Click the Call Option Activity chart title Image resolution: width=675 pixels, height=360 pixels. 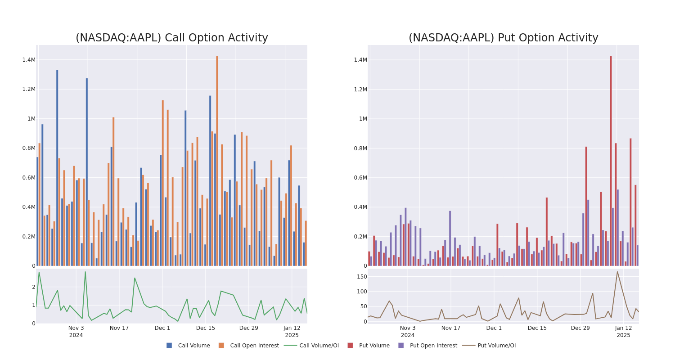click(x=171, y=38)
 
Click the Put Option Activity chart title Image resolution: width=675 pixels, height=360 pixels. click(x=503, y=38)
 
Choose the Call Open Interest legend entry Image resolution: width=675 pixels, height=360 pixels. click(x=249, y=346)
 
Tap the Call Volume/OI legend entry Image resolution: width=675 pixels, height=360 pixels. click(x=311, y=346)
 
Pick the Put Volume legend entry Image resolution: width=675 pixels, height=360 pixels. click(x=369, y=346)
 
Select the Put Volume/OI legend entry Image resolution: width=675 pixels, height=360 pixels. click(x=490, y=346)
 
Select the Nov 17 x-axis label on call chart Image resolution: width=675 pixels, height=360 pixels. click(x=119, y=328)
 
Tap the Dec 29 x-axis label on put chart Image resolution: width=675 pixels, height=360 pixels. click(x=580, y=328)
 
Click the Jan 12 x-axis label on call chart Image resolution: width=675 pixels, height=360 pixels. click(x=292, y=328)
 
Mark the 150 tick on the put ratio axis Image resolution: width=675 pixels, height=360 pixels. click(x=361, y=277)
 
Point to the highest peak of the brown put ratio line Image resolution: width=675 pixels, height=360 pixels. click(x=617, y=271)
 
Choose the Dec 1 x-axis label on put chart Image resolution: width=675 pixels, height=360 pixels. click(x=494, y=328)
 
